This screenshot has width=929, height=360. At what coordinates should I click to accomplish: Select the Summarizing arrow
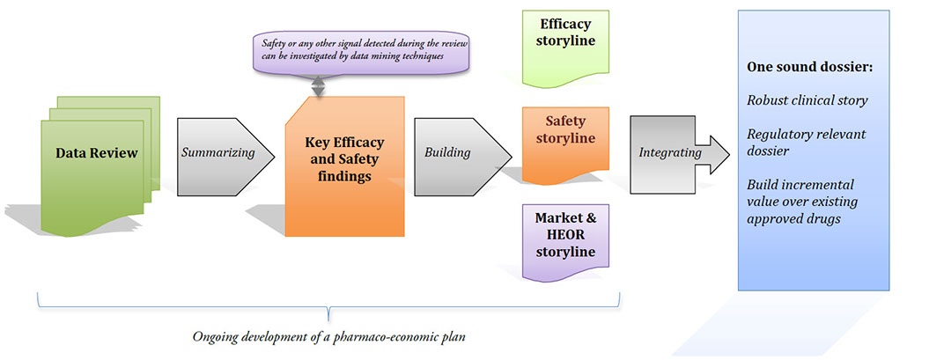(225, 157)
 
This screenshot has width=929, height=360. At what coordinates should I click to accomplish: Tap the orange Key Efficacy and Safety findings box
(345, 166)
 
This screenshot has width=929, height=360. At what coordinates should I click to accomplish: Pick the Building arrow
(462, 157)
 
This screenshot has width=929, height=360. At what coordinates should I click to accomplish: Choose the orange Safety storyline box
(565, 144)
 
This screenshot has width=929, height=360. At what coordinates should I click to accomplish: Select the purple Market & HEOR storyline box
(565, 241)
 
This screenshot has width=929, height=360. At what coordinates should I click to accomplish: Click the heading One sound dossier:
(810, 67)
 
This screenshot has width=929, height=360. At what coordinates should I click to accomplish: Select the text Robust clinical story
(807, 100)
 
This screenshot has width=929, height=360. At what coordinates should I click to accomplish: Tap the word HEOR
(565, 234)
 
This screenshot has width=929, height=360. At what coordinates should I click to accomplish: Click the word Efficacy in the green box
(565, 25)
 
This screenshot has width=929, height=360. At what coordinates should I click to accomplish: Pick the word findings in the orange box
(344, 176)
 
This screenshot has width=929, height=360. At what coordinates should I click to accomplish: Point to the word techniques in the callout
(423, 55)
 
